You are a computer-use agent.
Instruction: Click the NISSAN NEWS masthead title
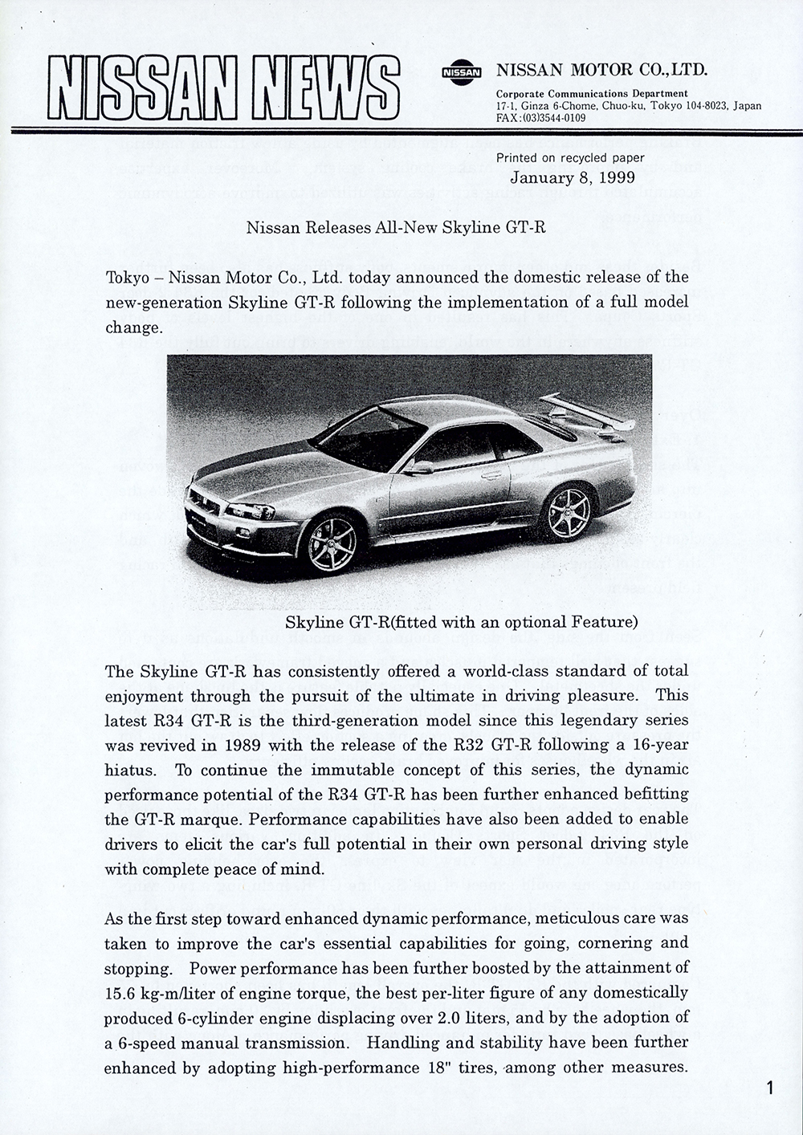(x=223, y=88)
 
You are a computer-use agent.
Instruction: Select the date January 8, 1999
(x=572, y=177)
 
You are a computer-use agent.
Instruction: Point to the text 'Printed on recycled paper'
(x=570, y=158)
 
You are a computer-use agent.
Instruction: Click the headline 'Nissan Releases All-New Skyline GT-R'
(x=396, y=227)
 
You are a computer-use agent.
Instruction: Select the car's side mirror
(x=421, y=467)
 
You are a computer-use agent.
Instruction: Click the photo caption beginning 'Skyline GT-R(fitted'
(x=461, y=622)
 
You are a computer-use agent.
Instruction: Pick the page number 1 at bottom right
(x=769, y=1089)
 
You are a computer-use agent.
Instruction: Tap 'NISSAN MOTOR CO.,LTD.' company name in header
(x=602, y=71)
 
